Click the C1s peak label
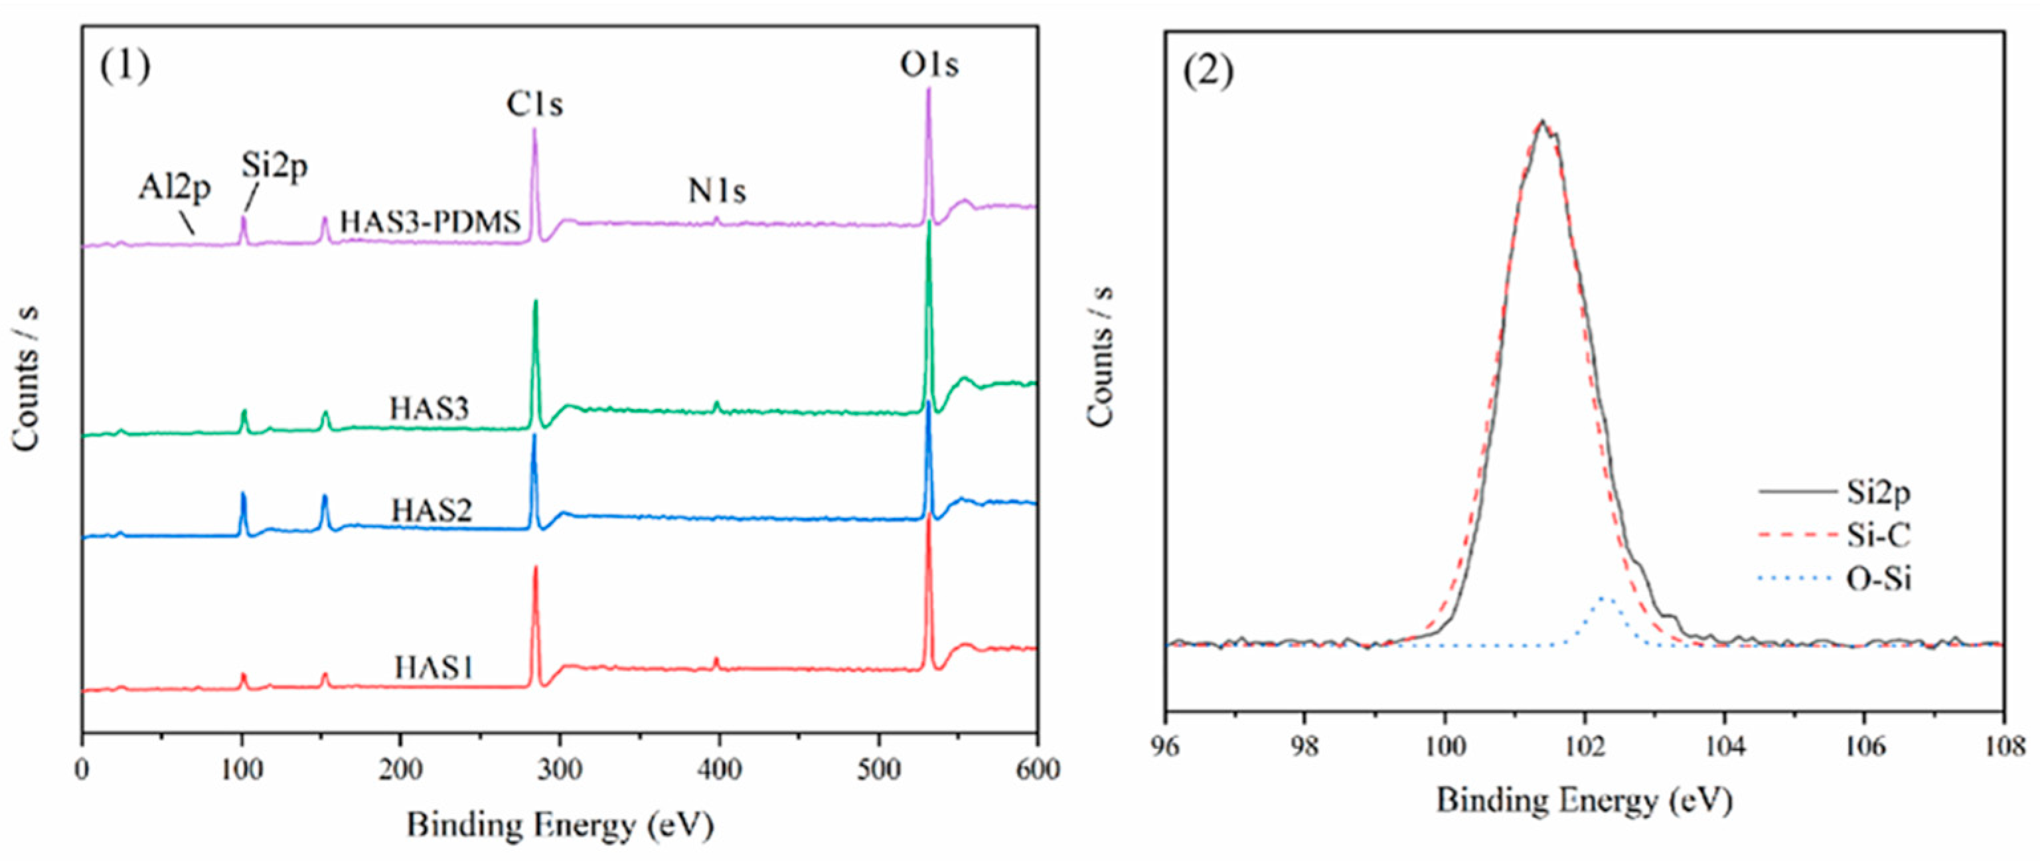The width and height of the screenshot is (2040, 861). (534, 104)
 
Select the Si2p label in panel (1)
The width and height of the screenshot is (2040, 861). (274, 165)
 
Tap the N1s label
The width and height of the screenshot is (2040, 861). (717, 191)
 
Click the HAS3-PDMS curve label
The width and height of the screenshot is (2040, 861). (430, 222)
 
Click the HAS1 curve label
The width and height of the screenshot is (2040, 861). (434, 668)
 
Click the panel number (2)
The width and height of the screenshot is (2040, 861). (1208, 73)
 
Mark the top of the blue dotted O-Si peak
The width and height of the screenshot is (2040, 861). (1605, 599)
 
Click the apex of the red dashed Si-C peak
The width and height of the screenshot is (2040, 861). (1540, 123)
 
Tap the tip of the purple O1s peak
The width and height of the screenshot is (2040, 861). (928, 89)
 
